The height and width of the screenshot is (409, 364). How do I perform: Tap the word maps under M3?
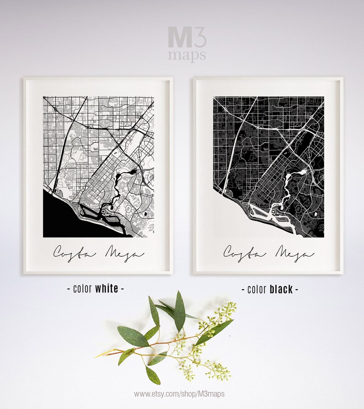pos(187,56)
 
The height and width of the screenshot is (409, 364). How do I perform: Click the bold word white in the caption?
pos(106,289)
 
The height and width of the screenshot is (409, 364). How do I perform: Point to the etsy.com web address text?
pos(179,394)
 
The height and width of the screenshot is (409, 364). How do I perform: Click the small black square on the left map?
pos(146,214)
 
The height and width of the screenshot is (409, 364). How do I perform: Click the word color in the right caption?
pos(257,290)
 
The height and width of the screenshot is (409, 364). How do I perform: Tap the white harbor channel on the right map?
pos(275,216)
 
